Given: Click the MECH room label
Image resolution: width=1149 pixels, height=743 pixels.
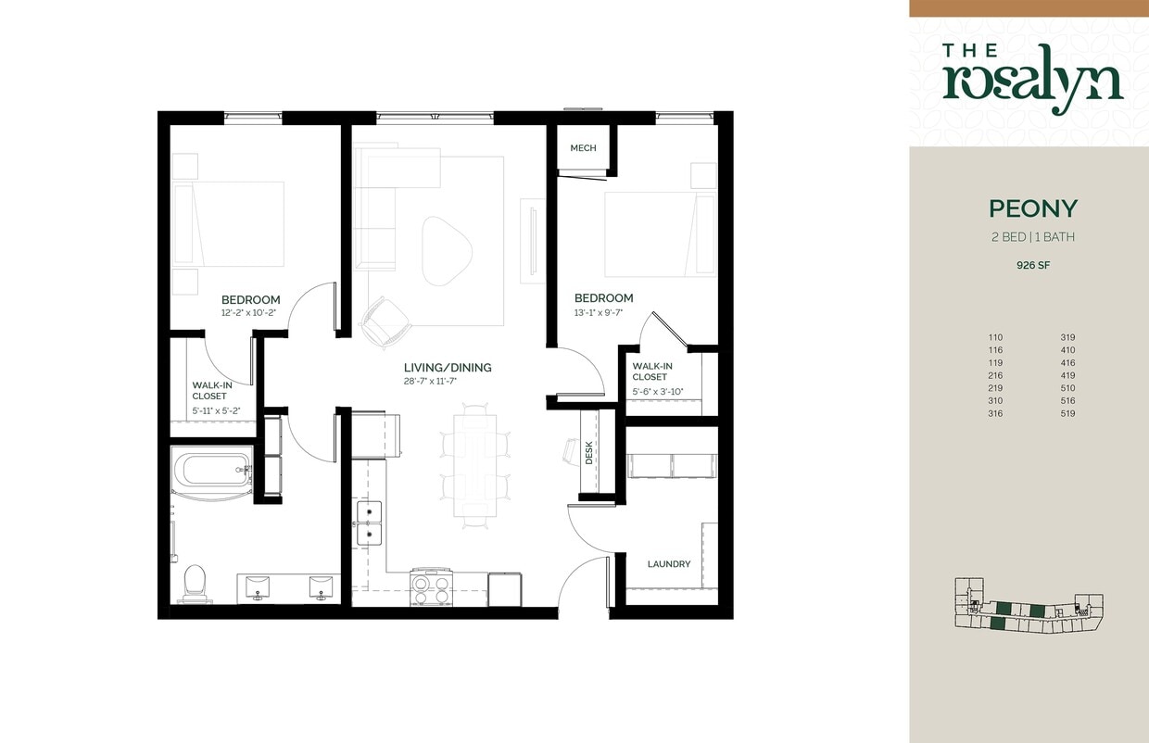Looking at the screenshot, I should [583, 148].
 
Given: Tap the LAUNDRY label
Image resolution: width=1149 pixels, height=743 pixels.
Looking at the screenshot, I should [668, 563].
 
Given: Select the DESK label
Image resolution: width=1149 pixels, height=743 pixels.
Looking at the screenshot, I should [588, 452].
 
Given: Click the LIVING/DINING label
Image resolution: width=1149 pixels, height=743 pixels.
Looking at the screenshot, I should [448, 368].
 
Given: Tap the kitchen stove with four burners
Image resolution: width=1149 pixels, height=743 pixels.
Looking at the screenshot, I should [430, 586].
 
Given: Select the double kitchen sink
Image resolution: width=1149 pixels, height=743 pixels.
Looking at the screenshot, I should [369, 523].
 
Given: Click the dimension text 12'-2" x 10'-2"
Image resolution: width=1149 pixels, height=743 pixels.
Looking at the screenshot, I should [250, 313].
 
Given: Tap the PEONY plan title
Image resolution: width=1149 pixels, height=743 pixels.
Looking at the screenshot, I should [1032, 208].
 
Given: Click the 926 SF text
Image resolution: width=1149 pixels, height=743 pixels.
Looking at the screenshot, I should [1033, 265].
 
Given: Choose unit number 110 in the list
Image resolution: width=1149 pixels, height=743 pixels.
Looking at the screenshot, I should [995, 337].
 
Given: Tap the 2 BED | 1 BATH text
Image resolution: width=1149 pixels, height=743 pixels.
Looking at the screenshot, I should [1032, 237].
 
